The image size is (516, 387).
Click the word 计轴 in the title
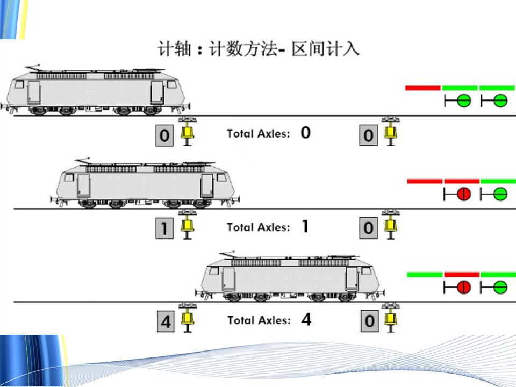(174, 49)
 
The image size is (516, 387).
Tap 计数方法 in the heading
(241, 49)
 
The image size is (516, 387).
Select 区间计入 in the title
(326, 49)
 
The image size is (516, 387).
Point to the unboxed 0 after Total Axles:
(305, 133)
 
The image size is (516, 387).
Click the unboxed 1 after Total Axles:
(305, 226)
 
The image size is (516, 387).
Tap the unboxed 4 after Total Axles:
(306, 320)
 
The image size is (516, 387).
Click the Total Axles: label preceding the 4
(259, 320)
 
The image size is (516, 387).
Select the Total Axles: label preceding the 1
(258, 227)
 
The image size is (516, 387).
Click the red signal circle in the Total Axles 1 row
(463, 194)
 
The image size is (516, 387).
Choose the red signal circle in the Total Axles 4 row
(463, 287)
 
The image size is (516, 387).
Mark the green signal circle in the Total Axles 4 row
(500, 287)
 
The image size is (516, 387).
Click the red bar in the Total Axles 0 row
(422, 88)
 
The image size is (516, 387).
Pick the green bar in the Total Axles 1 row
(498, 181)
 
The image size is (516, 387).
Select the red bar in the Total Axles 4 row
(462, 274)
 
